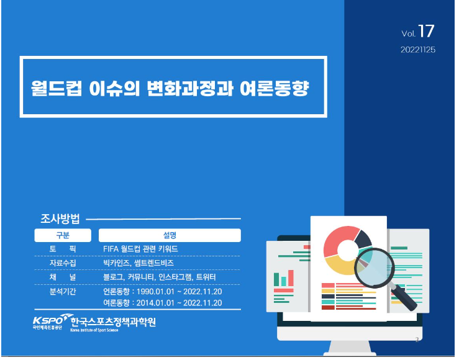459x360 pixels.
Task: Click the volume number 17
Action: click(426, 31)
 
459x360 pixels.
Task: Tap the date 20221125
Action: click(418, 50)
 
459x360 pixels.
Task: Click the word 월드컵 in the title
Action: click(57, 88)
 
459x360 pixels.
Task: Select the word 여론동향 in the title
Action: click(275, 88)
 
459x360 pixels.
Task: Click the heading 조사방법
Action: click(60, 218)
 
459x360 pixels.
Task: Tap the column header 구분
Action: click(63, 235)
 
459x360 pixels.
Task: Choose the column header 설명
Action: click(170, 235)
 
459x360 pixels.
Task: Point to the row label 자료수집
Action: click(63, 263)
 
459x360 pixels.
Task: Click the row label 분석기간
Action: click(63, 291)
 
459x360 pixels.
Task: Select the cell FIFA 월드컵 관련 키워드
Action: click(140, 248)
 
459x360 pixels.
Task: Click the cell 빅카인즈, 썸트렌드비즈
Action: click(139, 263)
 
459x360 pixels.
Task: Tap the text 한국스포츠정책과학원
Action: click(113, 322)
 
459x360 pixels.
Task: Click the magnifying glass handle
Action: click(404, 299)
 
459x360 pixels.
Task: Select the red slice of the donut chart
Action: click(340, 239)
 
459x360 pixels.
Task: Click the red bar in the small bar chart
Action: click(291, 278)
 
